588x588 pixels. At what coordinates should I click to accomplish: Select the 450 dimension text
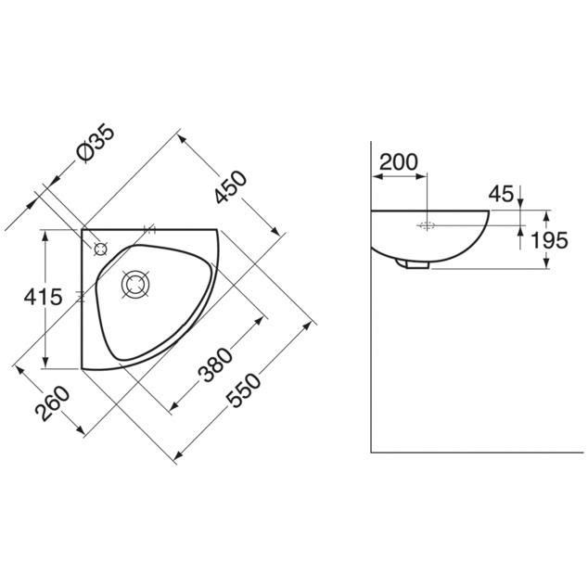pos(231,186)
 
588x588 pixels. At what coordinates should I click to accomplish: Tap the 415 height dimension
pos(43,298)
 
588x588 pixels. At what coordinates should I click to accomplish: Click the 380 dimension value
pos(215,364)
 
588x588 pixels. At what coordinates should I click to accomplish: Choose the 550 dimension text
pos(245,390)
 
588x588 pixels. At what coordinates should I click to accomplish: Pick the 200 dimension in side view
pos(398,162)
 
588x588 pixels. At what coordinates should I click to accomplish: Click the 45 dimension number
pos(501,194)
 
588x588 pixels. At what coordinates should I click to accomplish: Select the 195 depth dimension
pos(549,240)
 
